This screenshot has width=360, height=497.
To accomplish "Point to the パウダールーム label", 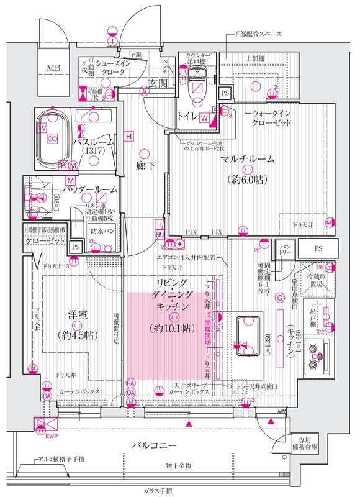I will pos(89,189).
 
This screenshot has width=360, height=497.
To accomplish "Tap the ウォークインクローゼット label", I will pos(272,119).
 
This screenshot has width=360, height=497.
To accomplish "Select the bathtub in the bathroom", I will pos(53,137).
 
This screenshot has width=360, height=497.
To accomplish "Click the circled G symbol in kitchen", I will pos(280,298).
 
